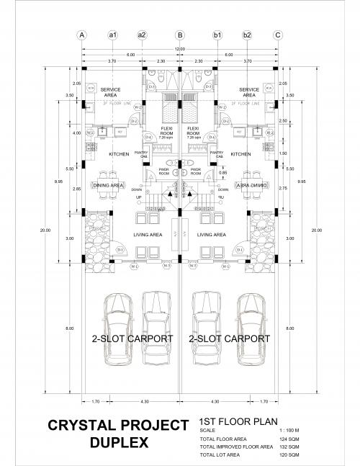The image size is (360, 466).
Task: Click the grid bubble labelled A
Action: [81, 35]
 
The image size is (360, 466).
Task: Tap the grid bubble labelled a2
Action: [141, 35]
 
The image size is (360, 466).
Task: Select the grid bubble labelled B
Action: [179, 35]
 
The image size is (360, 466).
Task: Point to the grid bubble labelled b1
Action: [217, 35]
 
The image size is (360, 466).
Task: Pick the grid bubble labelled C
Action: [277, 35]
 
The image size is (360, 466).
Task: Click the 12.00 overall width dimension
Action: [179, 48]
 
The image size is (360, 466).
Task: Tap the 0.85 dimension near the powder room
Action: [223, 173]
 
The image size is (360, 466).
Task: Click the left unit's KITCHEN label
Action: [119, 154]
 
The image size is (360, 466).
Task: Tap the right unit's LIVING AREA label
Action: [211, 235]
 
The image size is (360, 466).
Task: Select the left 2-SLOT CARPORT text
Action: [131, 338]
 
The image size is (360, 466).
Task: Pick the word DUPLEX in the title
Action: [120, 443]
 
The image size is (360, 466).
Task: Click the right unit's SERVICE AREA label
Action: [248, 92]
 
